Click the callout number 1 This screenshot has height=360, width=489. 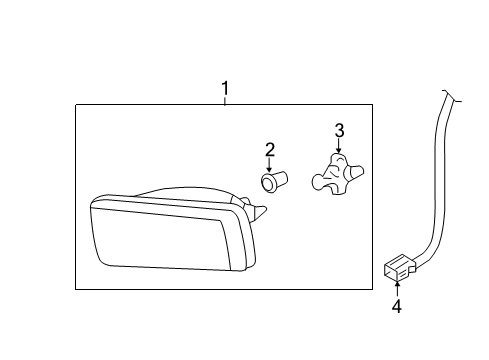[225, 88]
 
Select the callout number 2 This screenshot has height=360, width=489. [270, 150]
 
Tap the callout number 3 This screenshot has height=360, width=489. [339, 130]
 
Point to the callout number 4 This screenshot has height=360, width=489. [397, 306]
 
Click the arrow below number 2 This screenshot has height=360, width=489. [269, 165]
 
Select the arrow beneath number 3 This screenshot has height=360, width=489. [339, 146]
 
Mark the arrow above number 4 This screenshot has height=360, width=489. [397, 289]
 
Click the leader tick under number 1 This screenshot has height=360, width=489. [225, 101]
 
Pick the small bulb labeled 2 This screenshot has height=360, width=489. [274, 182]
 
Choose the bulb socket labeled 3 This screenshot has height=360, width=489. [337, 174]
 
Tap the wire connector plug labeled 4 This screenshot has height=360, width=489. [400, 267]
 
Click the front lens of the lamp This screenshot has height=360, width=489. [160, 238]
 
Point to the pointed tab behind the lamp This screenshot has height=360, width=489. [259, 212]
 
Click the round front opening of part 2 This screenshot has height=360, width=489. [267, 183]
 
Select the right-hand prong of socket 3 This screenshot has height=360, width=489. [355, 172]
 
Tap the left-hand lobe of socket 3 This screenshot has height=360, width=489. [318, 182]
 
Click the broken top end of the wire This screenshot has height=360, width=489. [452, 96]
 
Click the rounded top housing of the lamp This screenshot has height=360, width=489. [187, 193]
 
